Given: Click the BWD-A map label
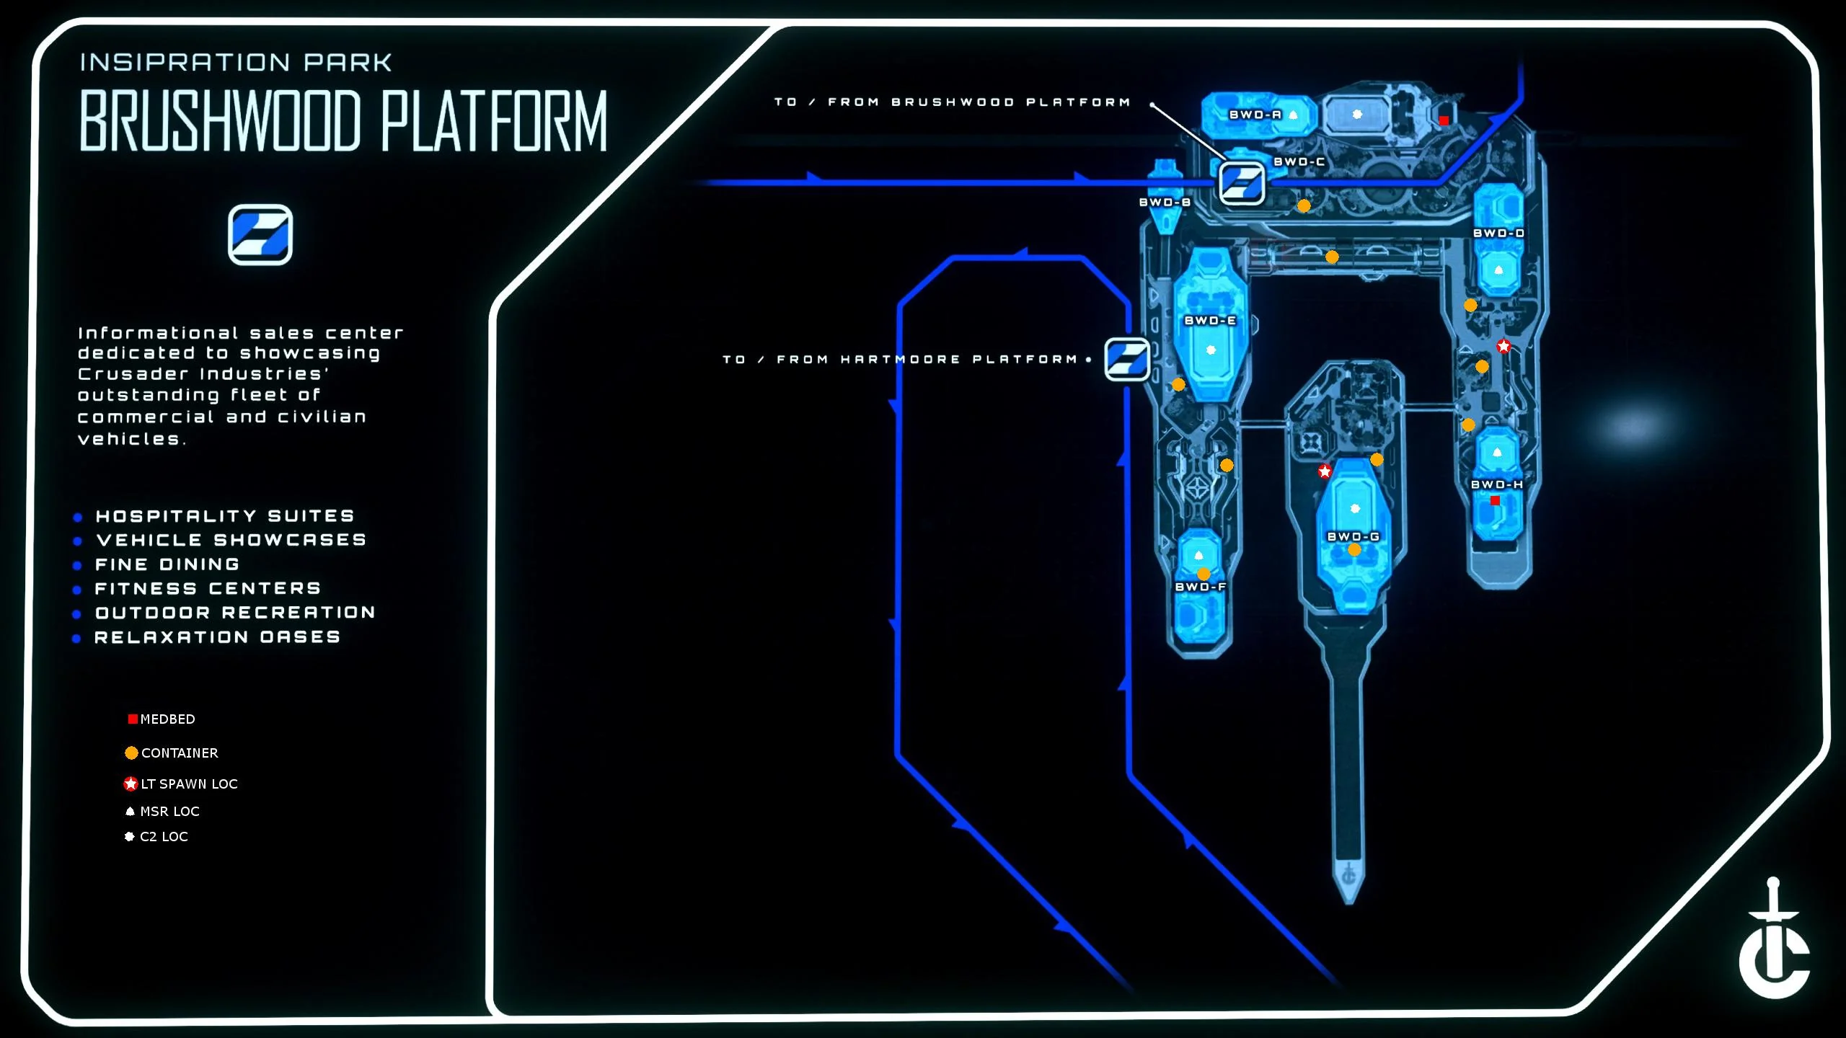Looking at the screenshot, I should point(1255,115).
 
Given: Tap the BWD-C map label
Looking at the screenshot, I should point(1299,162).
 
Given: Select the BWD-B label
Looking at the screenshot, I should point(1165,203).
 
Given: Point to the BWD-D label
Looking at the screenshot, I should point(1498,234).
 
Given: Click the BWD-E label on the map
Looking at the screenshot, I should point(1210,321).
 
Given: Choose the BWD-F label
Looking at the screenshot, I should point(1201,587).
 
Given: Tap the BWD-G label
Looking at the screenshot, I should point(1353,537).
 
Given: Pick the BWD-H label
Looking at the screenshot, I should point(1497,484).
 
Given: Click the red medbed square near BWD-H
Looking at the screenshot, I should point(1495,500).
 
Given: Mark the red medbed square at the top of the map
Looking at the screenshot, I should point(1444,120).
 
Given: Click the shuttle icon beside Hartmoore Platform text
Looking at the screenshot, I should point(1127,359).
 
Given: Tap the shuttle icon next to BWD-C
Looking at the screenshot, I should point(1241,183).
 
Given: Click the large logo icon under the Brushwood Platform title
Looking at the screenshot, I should point(260,235).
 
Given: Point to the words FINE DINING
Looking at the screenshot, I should point(167,564).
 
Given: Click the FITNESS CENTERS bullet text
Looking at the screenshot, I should point(208,589).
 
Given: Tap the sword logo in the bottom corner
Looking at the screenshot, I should point(1774,941).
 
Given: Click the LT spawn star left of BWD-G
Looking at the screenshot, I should point(1325,471).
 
